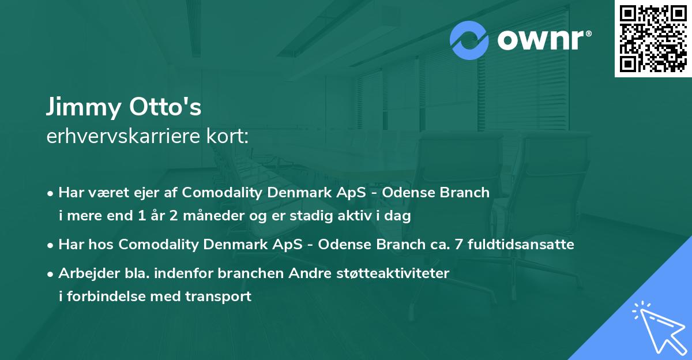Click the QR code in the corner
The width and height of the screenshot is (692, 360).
(653, 38)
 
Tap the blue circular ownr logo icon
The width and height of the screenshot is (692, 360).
(469, 40)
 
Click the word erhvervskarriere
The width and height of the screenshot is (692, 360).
(123, 137)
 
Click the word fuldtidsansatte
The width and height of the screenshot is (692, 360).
(521, 244)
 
